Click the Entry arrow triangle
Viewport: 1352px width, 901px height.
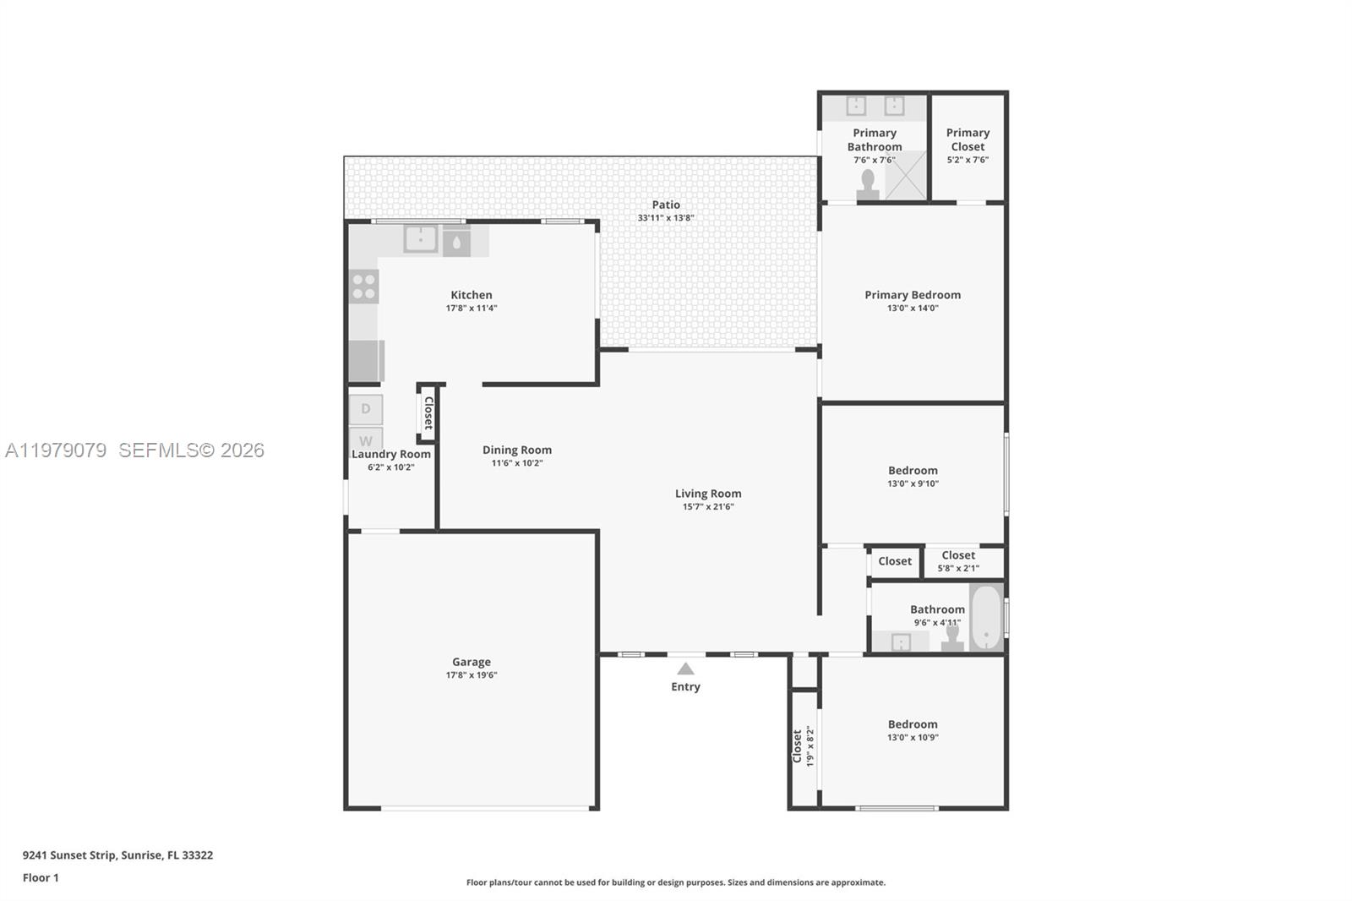[685, 669]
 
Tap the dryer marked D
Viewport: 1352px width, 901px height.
[366, 409]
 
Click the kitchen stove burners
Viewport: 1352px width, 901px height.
[364, 287]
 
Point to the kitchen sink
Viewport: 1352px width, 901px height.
[420, 239]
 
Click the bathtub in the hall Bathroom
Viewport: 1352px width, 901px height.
[985, 617]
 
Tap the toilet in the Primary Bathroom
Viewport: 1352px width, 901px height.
[868, 186]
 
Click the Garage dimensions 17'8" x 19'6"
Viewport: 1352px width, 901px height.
[472, 675]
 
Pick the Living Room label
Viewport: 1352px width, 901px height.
[708, 494]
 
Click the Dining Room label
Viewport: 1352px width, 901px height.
[517, 450]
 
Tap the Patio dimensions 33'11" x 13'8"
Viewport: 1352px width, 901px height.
[666, 218]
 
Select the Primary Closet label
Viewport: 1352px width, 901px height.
[968, 139]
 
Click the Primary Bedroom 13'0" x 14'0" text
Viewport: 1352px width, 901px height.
[913, 308]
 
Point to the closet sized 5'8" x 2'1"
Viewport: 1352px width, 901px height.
[958, 561]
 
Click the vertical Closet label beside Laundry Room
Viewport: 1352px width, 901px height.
[428, 413]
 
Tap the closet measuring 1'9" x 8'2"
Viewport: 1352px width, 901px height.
[803, 746]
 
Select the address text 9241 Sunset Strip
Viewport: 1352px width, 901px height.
[117, 855]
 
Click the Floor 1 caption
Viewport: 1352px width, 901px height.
[41, 877]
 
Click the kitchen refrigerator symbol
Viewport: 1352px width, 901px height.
[366, 361]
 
